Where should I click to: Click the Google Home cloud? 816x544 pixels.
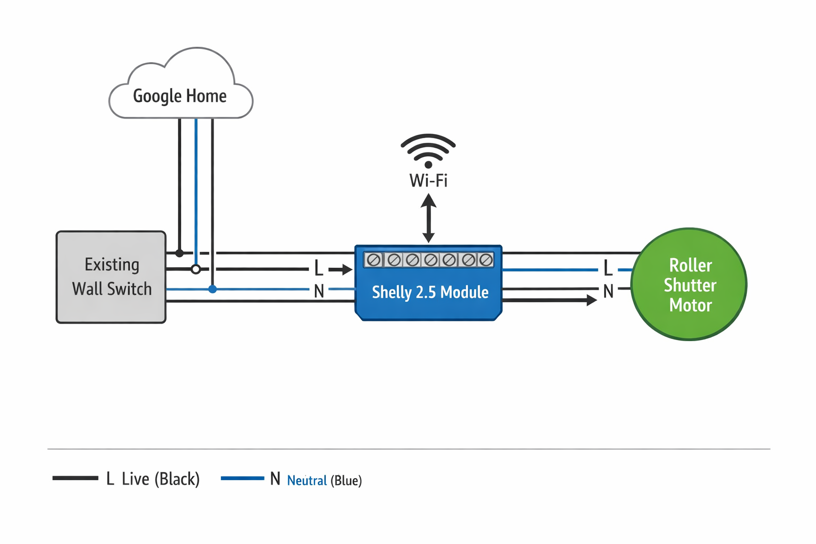(x=181, y=88)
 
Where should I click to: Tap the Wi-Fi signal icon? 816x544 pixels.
(x=428, y=150)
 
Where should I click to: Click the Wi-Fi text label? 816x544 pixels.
(x=428, y=181)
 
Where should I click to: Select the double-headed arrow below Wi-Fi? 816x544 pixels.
(x=429, y=218)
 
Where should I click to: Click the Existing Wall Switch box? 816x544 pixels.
(x=111, y=277)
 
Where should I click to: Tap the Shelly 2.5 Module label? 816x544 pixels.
(x=430, y=292)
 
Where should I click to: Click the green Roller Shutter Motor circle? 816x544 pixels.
(x=689, y=284)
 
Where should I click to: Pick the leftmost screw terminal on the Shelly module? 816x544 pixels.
(x=374, y=260)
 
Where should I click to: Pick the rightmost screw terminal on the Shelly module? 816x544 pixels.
(x=486, y=260)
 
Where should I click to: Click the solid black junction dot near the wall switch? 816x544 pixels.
(x=180, y=253)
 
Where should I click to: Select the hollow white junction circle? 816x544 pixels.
(x=196, y=269)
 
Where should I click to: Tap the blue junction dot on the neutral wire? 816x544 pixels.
(x=212, y=289)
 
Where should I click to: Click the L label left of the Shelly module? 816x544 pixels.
(x=318, y=269)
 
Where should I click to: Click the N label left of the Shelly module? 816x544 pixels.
(x=319, y=291)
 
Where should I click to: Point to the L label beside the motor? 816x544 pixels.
(x=608, y=269)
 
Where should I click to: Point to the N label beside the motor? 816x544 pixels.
(x=608, y=291)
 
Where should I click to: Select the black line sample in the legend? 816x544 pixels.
(x=75, y=478)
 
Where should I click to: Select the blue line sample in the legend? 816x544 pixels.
(x=242, y=478)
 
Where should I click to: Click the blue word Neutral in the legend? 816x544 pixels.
(x=307, y=481)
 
